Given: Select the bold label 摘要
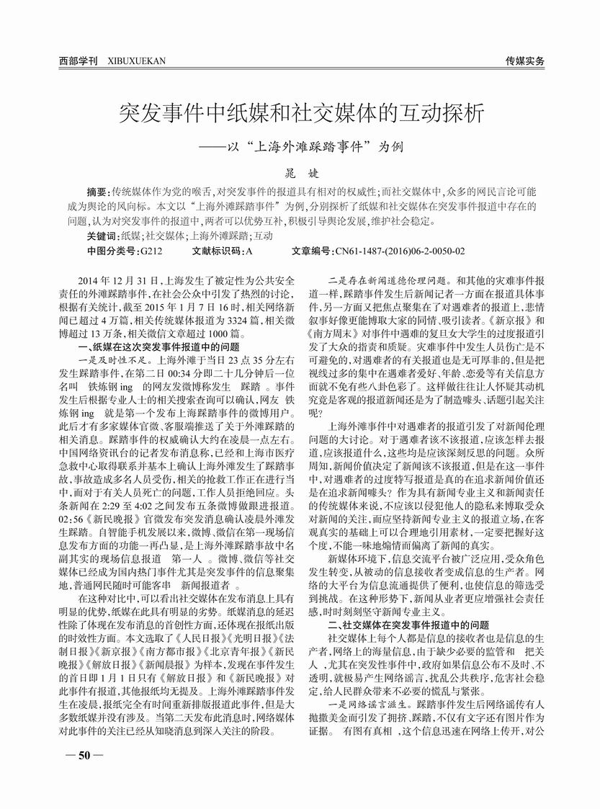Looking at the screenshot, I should click(97, 193).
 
